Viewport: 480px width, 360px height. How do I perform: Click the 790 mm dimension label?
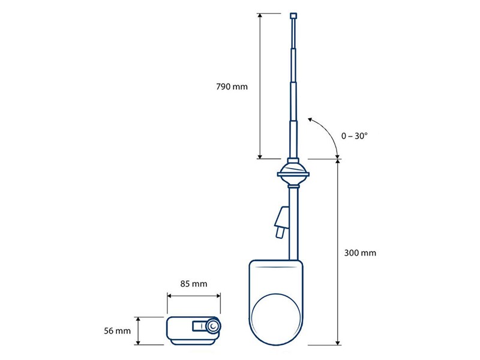point(232,86)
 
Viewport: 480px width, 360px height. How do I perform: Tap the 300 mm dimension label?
point(361,253)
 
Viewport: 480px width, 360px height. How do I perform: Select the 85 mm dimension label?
point(193,283)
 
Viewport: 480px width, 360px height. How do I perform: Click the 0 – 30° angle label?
point(354,136)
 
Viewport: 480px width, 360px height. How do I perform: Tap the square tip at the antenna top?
point(293,16)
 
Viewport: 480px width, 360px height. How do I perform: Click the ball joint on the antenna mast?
point(293,175)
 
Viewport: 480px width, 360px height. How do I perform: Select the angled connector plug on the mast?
point(281,221)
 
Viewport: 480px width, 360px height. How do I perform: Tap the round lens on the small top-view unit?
point(214,326)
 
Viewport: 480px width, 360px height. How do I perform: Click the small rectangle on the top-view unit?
point(197,326)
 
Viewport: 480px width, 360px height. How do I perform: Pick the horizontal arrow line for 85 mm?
point(193,295)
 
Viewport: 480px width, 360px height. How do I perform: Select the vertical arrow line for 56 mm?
point(140,331)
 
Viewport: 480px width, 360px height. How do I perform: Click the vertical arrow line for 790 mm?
point(260,86)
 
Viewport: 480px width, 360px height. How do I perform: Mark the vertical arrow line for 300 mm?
point(337,253)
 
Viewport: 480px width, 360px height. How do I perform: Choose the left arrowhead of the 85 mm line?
point(169,295)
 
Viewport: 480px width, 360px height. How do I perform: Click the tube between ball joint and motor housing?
point(294,222)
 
